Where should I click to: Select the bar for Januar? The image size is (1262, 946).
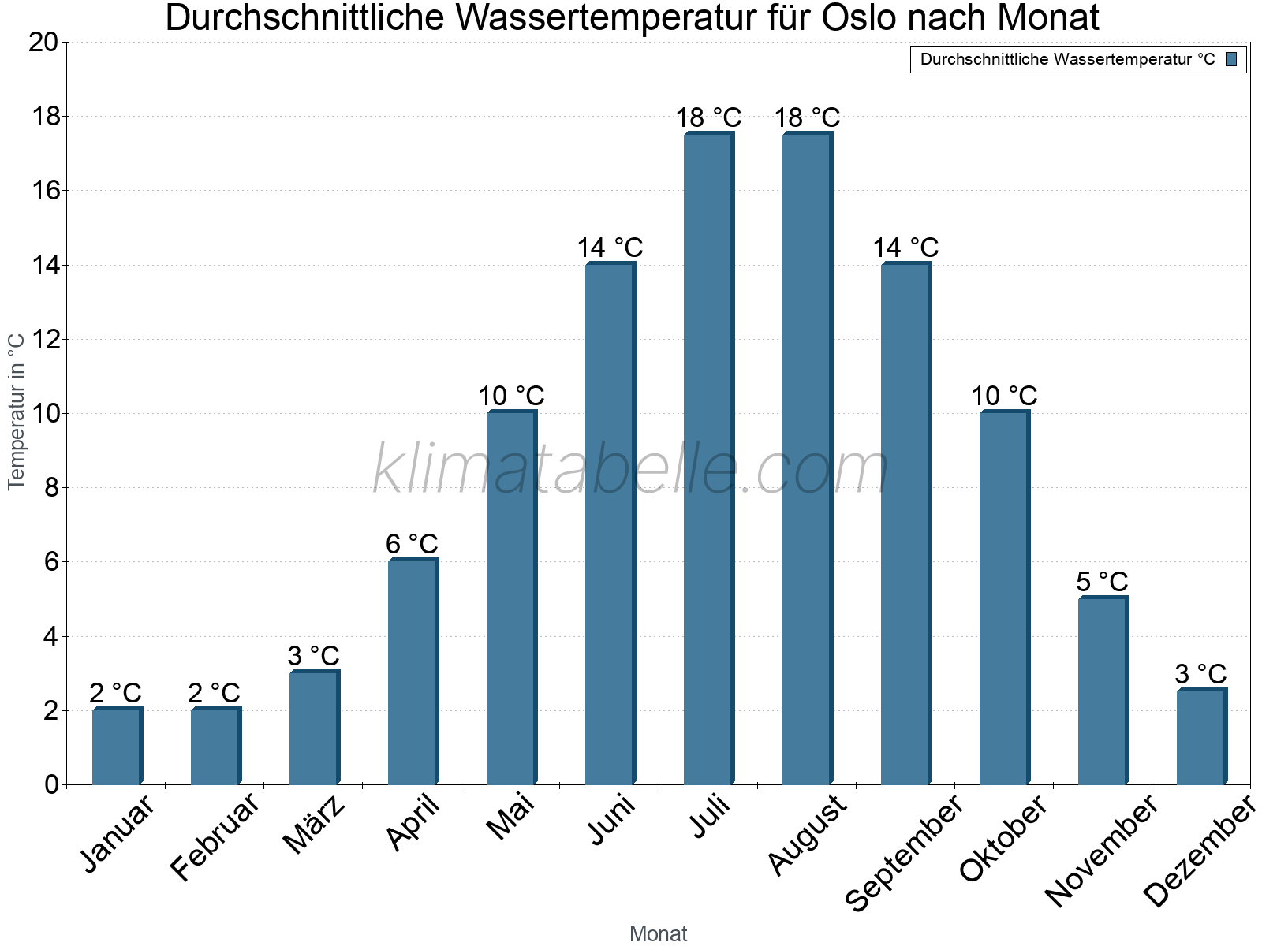tap(117, 747)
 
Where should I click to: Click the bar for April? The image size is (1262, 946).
tap(413, 672)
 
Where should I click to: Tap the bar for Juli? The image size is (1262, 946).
tap(708, 459)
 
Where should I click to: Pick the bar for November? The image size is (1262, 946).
tap(1103, 691)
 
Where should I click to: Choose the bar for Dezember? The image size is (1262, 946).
tap(1201, 737)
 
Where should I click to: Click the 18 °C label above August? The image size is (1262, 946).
tap(807, 118)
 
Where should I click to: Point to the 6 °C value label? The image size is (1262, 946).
tap(412, 544)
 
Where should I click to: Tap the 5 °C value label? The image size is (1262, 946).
tap(1102, 582)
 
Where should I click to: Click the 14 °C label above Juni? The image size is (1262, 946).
tap(610, 248)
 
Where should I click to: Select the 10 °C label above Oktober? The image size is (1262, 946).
tap(1004, 396)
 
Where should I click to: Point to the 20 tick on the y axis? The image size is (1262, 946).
tap(43, 43)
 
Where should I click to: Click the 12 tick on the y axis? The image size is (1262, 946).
tap(43, 340)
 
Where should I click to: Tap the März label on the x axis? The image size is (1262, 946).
tap(314, 825)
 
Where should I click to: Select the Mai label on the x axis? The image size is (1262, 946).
tap(510, 817)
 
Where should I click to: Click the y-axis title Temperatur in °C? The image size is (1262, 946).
tap(17, 412)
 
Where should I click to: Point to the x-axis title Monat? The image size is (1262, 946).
tap(658, 933)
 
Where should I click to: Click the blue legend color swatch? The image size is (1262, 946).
tap(1231, 59)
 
